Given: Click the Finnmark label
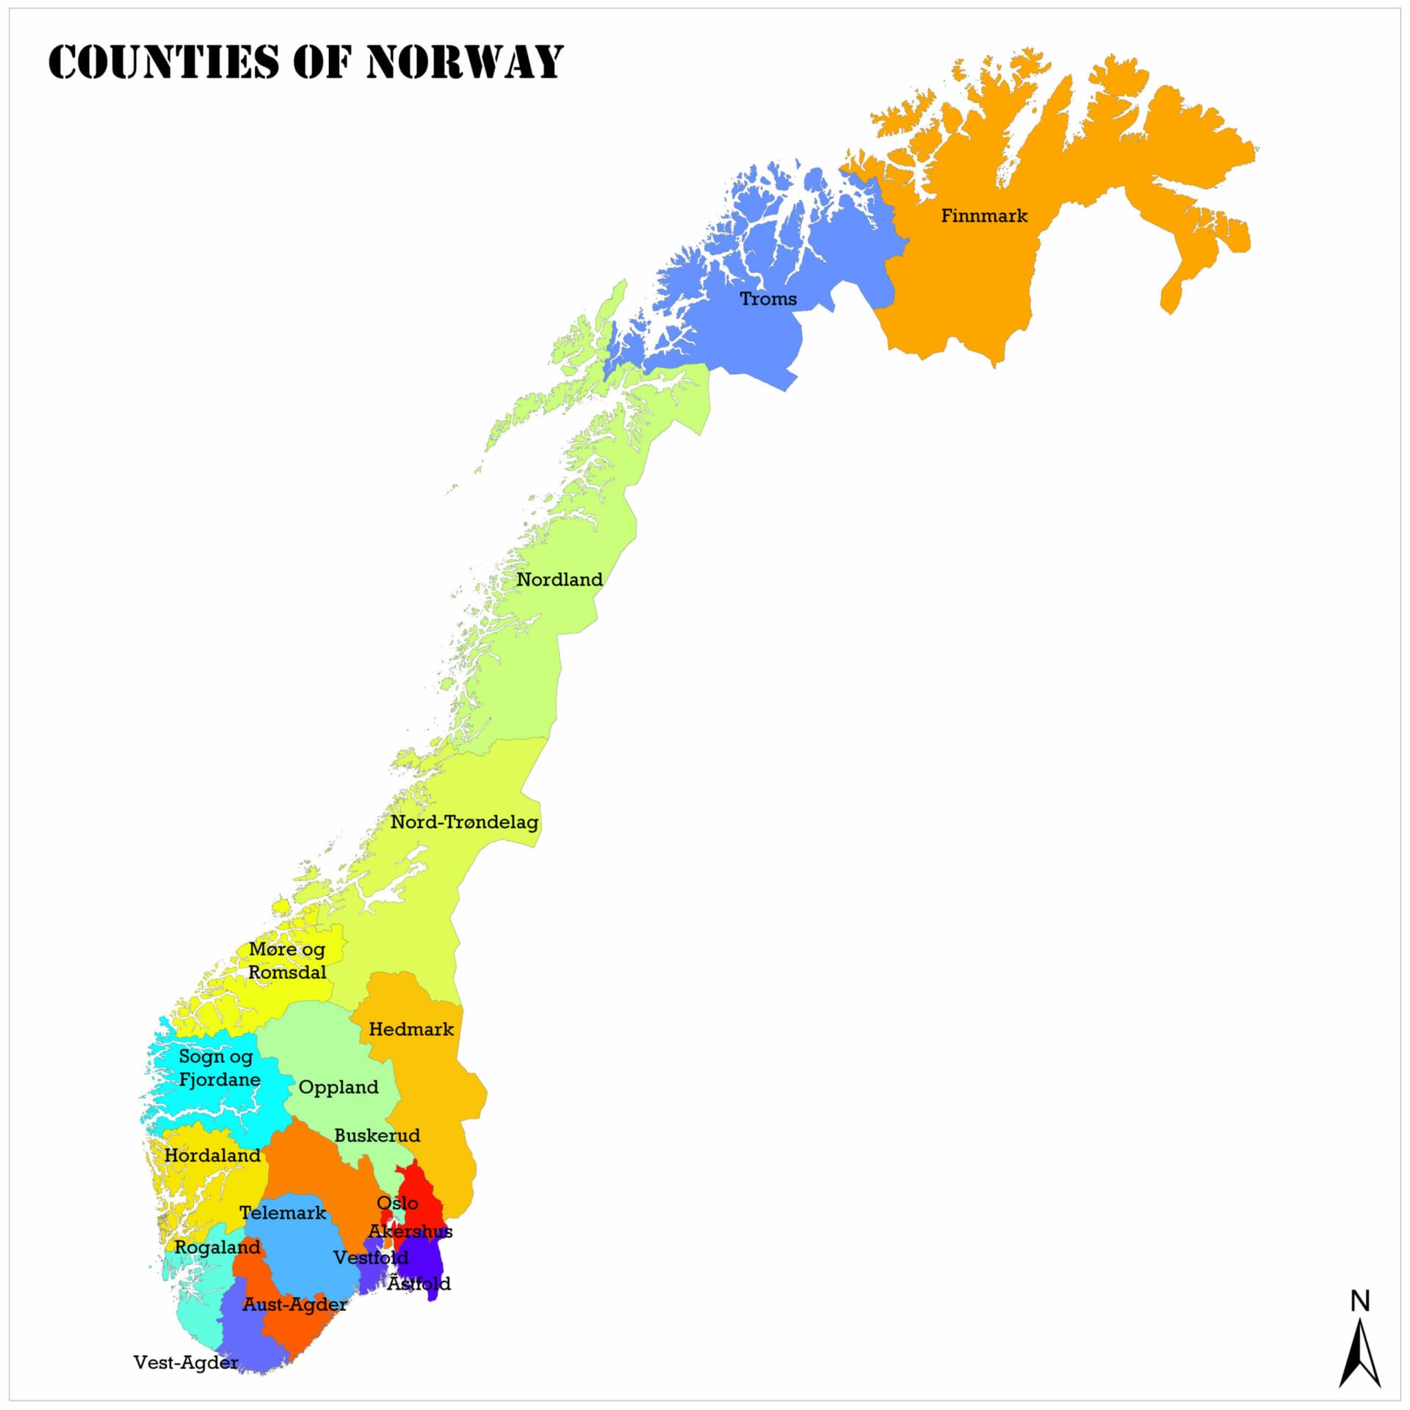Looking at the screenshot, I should click(984, 216).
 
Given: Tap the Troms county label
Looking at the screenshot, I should click(768, 299).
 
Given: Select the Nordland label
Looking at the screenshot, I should click(560, 579).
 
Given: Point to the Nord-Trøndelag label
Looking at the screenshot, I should click(464, 822).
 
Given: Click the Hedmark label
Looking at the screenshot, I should click(411, 1029).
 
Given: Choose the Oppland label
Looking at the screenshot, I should click(339, 1087).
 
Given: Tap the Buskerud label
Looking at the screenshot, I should click(377, 1135).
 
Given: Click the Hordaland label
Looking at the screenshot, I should click(212, 1155).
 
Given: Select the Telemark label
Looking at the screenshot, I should click(283, 1212).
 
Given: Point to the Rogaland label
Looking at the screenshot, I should click(217, 1247).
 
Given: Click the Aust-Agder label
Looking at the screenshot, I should click(294, 1304).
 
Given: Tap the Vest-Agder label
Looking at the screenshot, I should click(186, 1362).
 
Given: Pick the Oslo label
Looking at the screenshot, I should click(397, 1203).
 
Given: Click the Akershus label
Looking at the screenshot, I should click(411, 1231).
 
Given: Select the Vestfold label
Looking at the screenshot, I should click(371, 1257).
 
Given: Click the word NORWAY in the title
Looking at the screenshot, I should click(464, 62).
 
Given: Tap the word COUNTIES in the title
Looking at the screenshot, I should click(164, 62).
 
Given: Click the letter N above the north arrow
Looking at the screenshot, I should click(1360, 1301).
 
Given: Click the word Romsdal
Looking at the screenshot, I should click(287, 972).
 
